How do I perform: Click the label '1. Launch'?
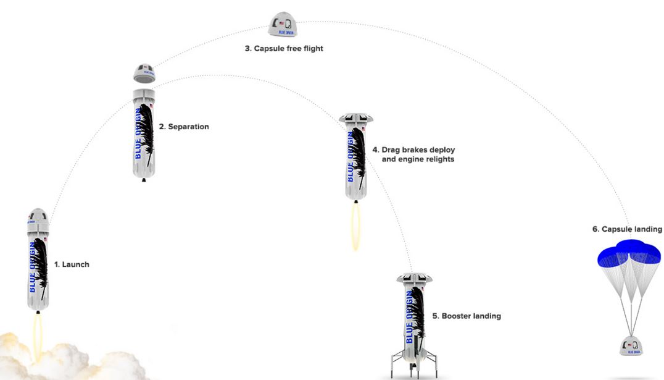pyautogui.click(x=72, y=264)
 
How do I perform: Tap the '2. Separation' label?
pyautogui.click(x=184, y=127)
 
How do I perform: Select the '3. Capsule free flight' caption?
pyautogui.click(x=284, y=48)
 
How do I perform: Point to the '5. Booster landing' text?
pyautogui.click(x=467, y=316)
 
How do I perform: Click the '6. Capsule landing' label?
pyautogui.click(x=627, y=229)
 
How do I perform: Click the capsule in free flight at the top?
pyautogui.click(x=284, y=25)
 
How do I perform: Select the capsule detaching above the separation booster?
pyautogui.click(x=144, y=73)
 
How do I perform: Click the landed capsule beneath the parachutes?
pyautogui.click(x=632, y=347)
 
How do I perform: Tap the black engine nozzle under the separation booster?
pyautogui.click(x=144, y=180)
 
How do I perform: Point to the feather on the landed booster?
pyautogui.click(x=418, y=313)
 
